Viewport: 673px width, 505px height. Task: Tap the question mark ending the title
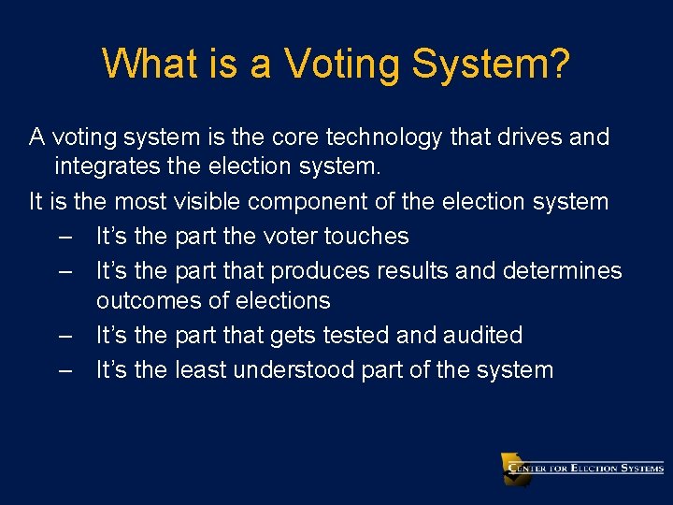tap(557, 65)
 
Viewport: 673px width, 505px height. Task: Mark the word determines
tap(562, 269)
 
